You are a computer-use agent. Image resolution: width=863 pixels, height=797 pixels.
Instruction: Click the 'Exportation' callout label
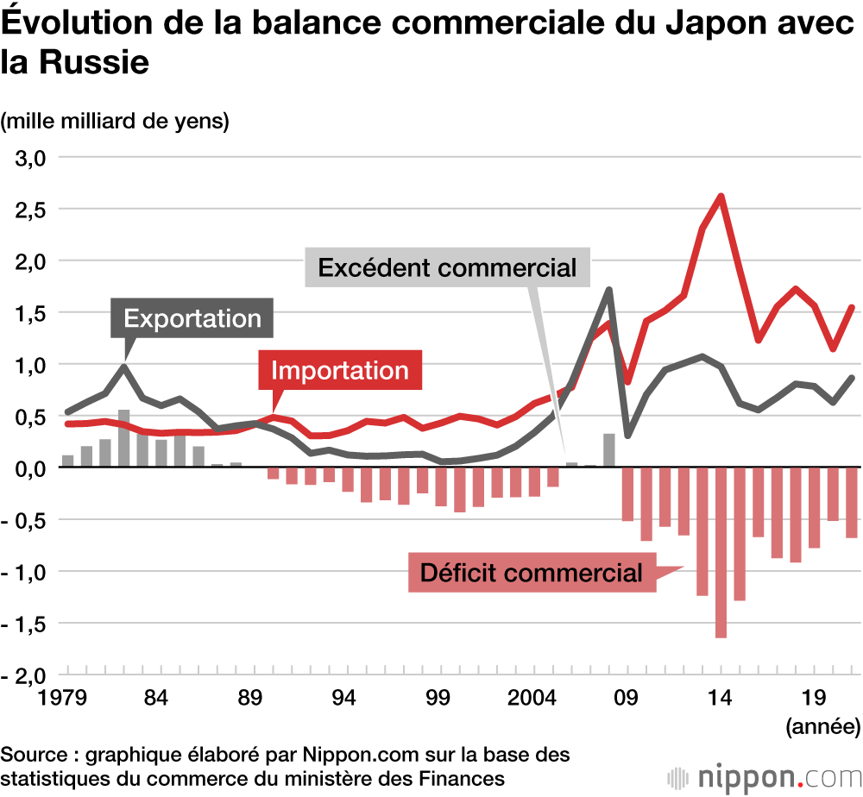coord(192,318)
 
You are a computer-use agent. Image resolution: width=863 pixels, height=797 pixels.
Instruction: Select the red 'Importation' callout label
coord(339,370)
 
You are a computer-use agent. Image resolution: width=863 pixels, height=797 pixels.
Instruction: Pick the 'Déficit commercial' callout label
coord(531,572)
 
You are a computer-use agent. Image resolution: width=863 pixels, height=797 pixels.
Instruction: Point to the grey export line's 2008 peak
coord(609,290)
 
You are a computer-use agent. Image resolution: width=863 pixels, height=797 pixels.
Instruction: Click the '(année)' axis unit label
coord(822,725)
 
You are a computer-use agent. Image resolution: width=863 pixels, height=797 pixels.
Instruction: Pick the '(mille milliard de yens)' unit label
coord(116,121)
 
